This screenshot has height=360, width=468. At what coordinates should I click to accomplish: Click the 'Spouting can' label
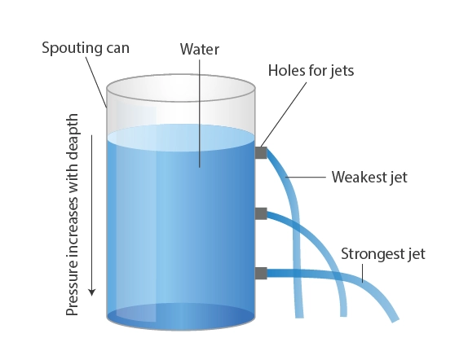(86, 48)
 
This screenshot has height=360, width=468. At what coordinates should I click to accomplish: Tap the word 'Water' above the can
(200, 49)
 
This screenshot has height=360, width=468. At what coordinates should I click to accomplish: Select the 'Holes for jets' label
(311, 71)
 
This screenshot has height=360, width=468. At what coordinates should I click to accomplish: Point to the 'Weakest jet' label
(369, 177)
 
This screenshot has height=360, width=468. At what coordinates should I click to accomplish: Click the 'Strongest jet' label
(383, 254)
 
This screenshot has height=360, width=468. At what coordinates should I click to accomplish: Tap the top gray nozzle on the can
(261, 152)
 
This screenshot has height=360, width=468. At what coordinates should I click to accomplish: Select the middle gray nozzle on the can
(261, 213)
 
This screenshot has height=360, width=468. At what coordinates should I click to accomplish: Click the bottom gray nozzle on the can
(261, 273)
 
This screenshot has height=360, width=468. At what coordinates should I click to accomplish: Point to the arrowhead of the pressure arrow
(92, 292)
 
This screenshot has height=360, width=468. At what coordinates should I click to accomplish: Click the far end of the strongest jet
(395, 320)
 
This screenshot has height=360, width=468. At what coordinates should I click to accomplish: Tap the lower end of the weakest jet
(299, 317)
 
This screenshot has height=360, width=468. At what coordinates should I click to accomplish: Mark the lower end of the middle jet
(343, 315)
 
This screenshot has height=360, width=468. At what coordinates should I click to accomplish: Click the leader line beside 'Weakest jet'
(306, 177)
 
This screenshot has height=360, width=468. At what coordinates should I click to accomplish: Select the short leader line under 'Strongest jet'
(363, 273)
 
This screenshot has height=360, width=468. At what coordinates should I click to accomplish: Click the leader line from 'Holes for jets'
(284, 114)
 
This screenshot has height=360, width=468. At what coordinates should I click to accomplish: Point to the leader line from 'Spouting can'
(96, 82)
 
